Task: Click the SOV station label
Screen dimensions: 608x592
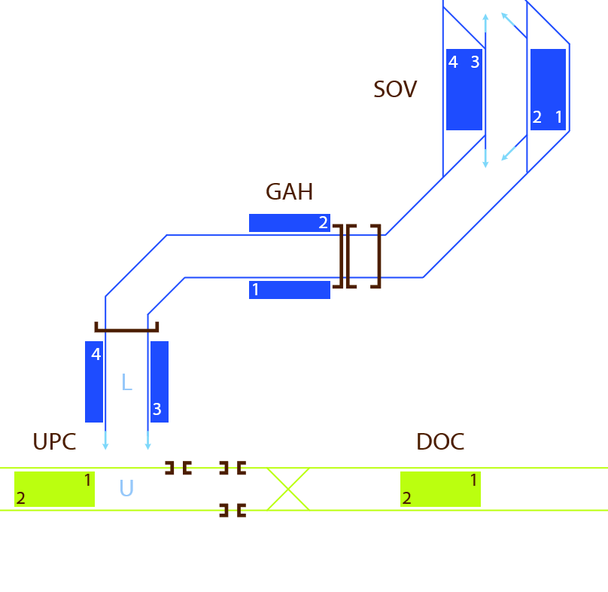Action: click(395, 90)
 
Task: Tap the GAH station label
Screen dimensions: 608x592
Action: click(289, 192)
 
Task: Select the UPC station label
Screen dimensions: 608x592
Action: click(54, 442)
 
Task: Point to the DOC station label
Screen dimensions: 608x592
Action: click(440, 442)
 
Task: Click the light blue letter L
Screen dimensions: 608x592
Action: click(127, 382)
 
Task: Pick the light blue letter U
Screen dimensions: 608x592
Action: click(126, 488)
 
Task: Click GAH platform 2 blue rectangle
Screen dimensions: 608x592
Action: click(290, 223)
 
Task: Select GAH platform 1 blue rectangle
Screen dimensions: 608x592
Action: click(290, 290)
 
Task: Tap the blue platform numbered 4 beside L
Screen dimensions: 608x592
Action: click(94, 382)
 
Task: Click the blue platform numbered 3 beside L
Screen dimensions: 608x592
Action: click(160, 382)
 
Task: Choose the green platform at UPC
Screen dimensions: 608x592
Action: click(54, 489)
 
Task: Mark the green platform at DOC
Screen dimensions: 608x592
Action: click(440, 489)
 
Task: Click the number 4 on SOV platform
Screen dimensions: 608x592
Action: click(453, 62)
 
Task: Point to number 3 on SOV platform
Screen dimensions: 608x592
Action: click(475, 62)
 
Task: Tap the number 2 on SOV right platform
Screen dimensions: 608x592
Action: click(537, 117)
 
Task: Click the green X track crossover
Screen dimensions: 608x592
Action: click(288, 489)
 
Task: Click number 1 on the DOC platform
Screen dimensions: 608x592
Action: click(474, 481)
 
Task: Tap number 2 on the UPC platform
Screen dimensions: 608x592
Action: click(21, 498)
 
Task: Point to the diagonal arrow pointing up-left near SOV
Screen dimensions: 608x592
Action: click(514, 26)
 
